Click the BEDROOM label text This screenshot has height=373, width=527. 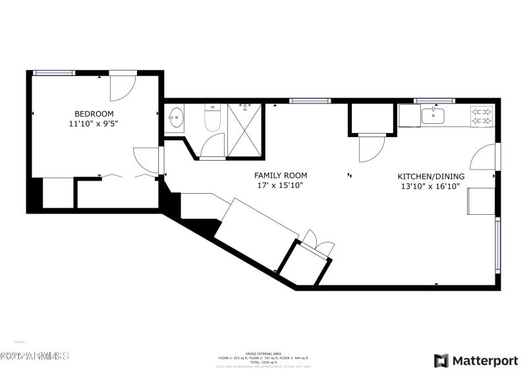click(x=94, y=113)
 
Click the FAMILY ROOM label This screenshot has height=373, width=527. click(x=281, y=175)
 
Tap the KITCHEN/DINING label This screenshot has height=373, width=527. click(x=430, y=177)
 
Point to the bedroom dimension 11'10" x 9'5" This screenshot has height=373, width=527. click(x=94, y=123)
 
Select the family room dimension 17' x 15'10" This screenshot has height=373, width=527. click(x=281, y=185)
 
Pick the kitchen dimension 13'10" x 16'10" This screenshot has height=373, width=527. click(x=430, y=186)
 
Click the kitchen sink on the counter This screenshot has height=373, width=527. click(x=433, y=116)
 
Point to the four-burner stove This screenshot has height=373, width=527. click(x=482, y=116)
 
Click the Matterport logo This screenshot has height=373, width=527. click(x=476, y=360)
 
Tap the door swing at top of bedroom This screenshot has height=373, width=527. click(x=123, y=84)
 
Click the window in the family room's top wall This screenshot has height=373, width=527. click(x=310, y=101)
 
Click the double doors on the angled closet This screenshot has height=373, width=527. click(x=318, y=242)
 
